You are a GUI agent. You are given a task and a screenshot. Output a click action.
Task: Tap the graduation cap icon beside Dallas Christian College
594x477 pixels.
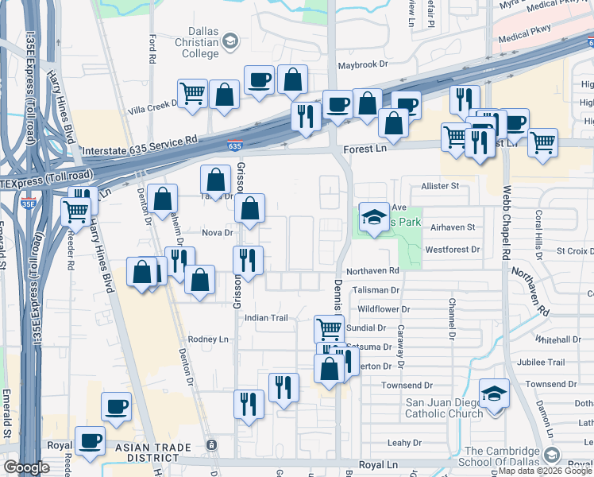[x=230, y=41]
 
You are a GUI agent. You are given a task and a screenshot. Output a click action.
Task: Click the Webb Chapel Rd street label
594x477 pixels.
[x=507, y=223]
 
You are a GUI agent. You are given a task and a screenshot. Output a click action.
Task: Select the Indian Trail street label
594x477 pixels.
[x=265, y=317]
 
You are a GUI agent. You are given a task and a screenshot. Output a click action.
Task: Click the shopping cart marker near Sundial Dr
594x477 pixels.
[x=329, y=327]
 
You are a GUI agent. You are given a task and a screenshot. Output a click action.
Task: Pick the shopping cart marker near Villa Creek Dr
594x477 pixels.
[x=192, y=94]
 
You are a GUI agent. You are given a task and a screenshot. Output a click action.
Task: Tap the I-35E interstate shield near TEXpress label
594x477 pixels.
[x=28, y=204]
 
